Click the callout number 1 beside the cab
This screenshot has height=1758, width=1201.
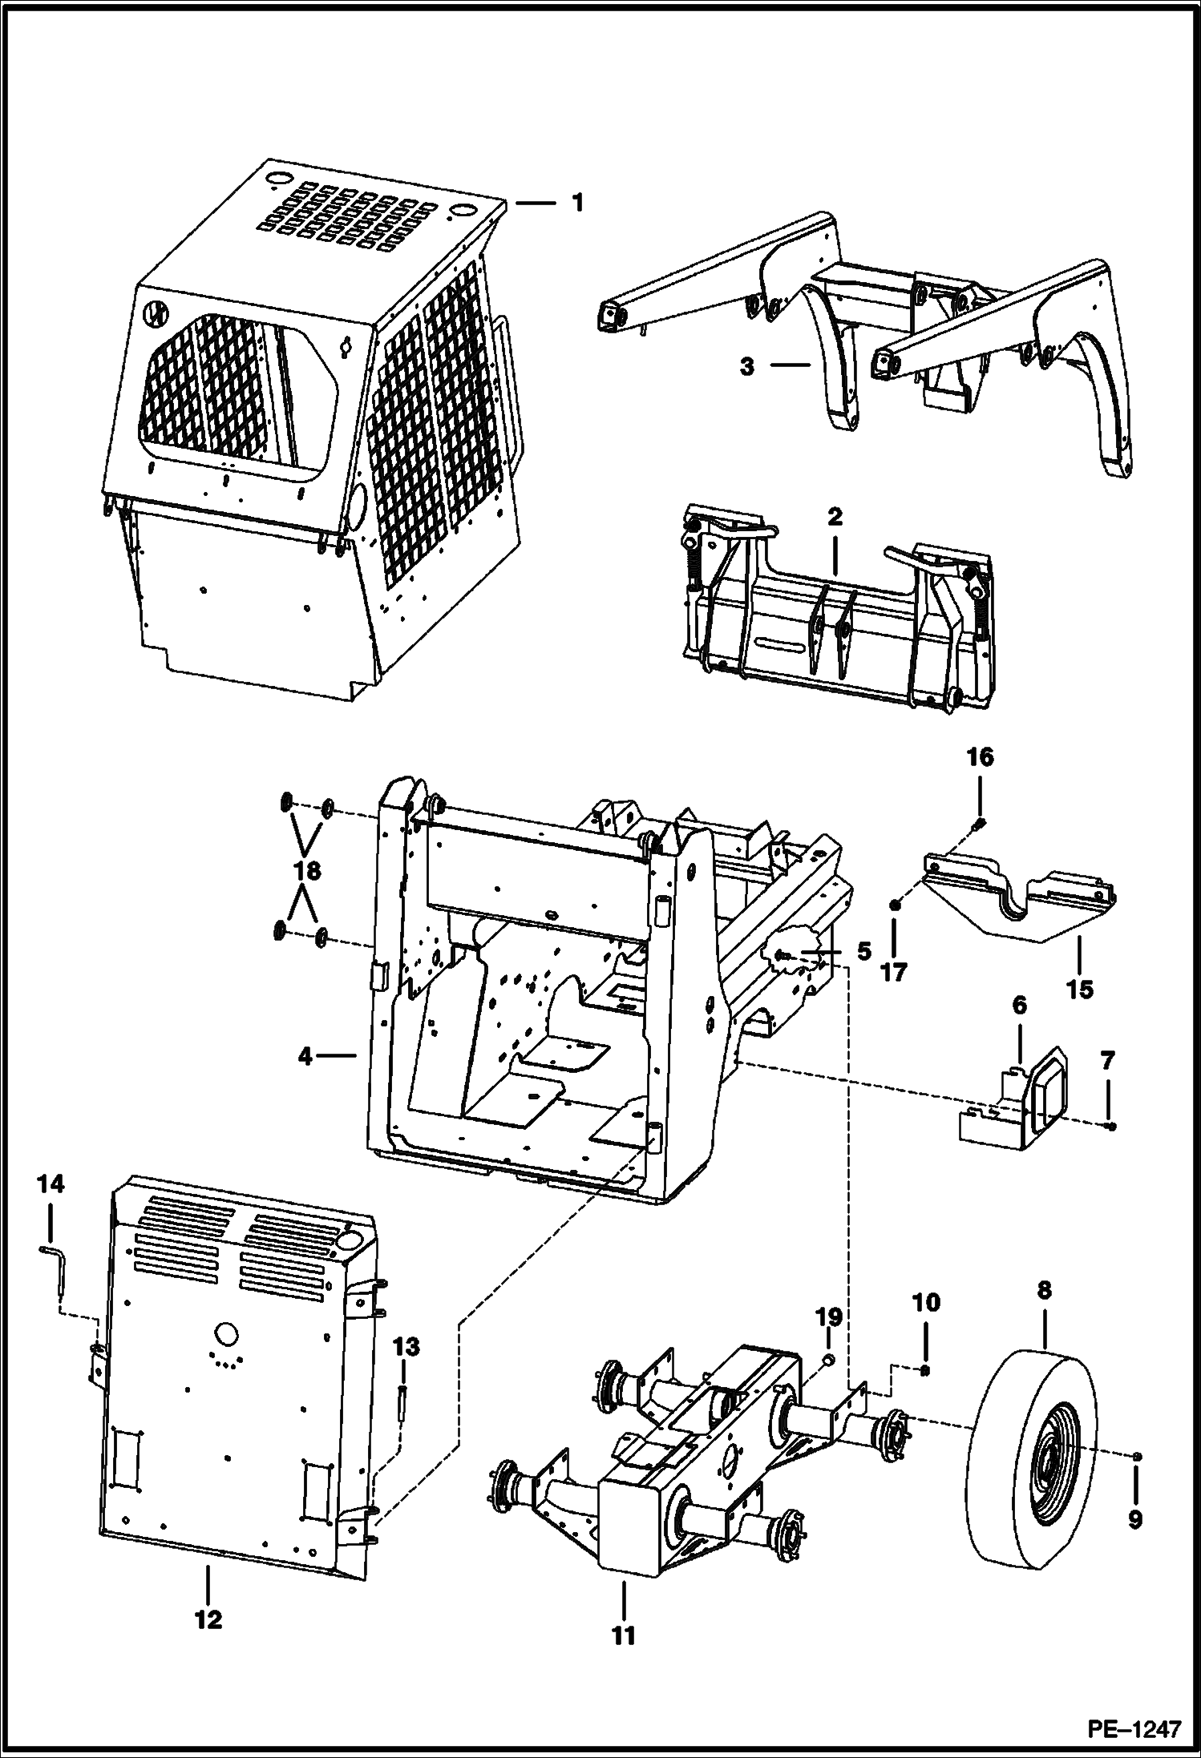pyautogui.click(x=577, y=203)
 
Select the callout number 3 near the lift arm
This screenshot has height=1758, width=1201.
pyautogui.click(x=746, y=368)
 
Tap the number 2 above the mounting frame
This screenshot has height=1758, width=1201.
pyautogui.click(x=834, y=517)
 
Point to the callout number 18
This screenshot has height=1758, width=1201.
pyautogui.click(x=308, y=871)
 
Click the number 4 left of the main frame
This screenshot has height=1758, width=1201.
pyautogui.click(x=305, y=1057)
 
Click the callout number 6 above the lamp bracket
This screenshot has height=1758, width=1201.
pyautogui.click(x=1019, y=1006)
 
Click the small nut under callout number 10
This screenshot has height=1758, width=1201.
pyautogui.click(x=924, y=1371)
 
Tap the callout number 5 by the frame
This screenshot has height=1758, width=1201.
pyautogui.click(x=863, y=952)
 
